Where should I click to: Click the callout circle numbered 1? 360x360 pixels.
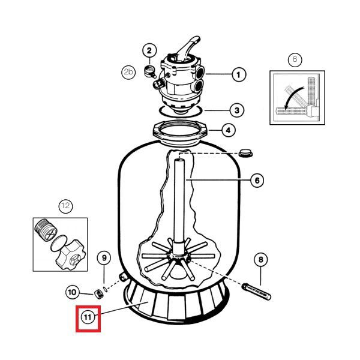click(x=238, y=75)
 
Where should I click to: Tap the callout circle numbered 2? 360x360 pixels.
click(x=150, y=50)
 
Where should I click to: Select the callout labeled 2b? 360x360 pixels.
click(x=128, y=72)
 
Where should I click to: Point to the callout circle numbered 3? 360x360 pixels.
click(x=238, y=110)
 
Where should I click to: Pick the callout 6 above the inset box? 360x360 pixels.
click(x=293, y=59)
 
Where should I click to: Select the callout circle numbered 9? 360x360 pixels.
click(x=104, y=259)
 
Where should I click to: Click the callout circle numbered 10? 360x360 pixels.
click(x=72, y=292)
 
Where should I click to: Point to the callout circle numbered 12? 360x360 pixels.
click(x=65, y=206)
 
